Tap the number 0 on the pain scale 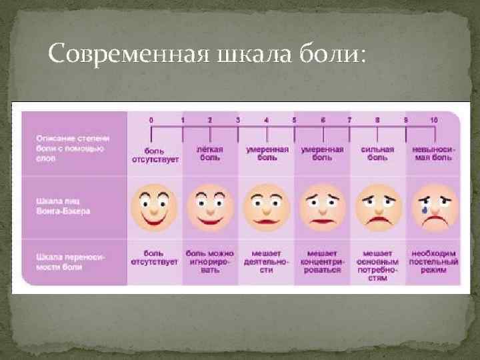click(151, 119)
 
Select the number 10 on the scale click(433, 119)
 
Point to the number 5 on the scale click(294, 119)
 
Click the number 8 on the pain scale click(377, 119)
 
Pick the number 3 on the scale click(238, 119)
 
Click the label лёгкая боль click(210, 153)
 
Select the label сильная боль click(378, 153)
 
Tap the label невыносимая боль click(433, 153)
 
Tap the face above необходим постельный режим click(434, 205)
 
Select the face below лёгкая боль click(210, 205)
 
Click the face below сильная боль click(377, 205)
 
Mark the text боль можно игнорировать click(210, 261)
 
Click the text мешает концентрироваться click(322, 261)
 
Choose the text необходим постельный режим click(434, 261)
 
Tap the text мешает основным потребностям click(378, 265)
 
